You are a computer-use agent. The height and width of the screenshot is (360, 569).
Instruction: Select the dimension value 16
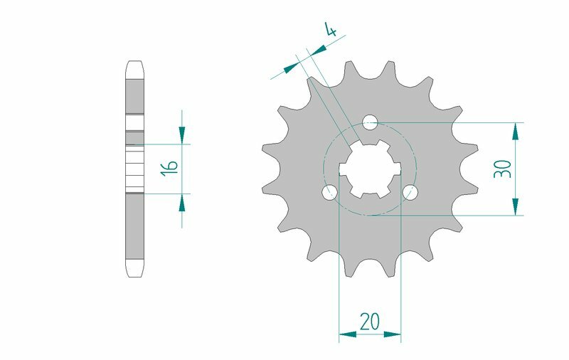169,168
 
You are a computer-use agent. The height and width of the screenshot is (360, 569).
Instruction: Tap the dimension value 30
503,169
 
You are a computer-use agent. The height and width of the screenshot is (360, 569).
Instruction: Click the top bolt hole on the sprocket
369,122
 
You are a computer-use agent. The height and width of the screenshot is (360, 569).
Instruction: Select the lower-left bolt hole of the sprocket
329,192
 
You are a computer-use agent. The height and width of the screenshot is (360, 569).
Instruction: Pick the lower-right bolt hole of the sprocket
410,192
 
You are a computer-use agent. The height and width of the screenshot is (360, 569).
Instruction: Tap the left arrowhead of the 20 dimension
347,332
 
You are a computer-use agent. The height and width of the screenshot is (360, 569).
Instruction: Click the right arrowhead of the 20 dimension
393,332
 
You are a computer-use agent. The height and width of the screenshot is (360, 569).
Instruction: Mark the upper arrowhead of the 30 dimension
515,132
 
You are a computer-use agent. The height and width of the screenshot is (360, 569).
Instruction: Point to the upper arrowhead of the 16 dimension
182,134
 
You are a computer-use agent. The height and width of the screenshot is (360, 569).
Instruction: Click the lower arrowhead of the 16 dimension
182,203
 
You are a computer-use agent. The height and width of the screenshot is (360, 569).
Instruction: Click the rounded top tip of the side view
135,67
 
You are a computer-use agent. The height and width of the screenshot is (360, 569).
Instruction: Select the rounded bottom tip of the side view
135,270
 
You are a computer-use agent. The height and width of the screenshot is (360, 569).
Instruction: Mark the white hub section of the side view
135,168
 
